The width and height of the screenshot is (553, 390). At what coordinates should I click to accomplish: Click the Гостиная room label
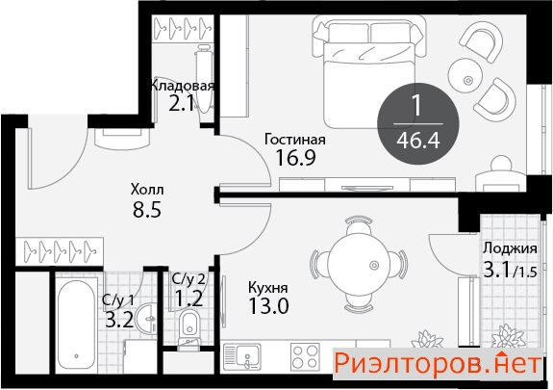click(x=295, y=140)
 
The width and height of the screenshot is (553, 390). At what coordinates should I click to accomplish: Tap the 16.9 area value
click(x=295, y=158)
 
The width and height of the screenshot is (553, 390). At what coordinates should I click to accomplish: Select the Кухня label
click(x=268, y=288)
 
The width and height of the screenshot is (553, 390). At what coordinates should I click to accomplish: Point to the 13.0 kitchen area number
click(x=268, y=306)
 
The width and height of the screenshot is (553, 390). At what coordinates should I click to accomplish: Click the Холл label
click(x=147, y=190)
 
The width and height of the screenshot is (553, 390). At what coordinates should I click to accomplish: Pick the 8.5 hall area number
click(x=147, y=209)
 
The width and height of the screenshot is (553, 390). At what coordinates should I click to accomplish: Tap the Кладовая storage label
click(x=183, y=86)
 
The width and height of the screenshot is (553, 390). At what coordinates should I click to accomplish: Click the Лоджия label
click(x=510, y=248)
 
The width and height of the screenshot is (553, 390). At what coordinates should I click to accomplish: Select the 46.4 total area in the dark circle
click(x=418, y=141)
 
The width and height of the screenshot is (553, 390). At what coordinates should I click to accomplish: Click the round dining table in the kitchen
click(x=358, y=264)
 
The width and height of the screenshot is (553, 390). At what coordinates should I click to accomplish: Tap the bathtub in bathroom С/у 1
click(x=76, y=325)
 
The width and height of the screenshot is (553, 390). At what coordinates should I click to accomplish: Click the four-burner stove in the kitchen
click(x=305, y=356)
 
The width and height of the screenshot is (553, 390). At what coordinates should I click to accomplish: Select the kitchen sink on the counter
click(x=242, y=356)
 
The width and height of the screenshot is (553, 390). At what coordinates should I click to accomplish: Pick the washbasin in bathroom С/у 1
click(x=147, y=319)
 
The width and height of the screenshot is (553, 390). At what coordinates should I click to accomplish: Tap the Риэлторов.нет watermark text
click(x=438, y=363)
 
